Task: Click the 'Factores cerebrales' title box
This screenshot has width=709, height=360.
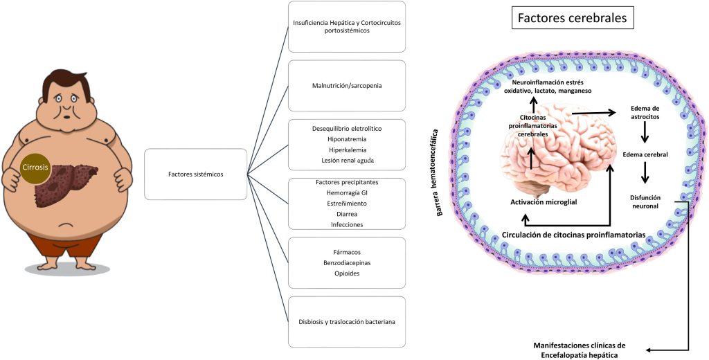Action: pyautogui.click(x=572, y=19)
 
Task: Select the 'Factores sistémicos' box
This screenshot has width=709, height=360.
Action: pyautogui.click(x=195, y=174)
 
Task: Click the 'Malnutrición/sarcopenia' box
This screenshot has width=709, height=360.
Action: pyautogui.click(x=346, y=86)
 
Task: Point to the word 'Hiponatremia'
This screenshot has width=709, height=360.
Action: pyautogui.click(x=346, y=139)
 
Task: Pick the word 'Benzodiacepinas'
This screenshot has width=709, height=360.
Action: pyautogui.click(x=346, y=263)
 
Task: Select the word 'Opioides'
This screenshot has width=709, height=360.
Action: pyautogui.click(x=346, y=273)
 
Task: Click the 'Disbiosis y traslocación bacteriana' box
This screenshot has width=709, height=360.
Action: pyautogui.click(x=346, y=321)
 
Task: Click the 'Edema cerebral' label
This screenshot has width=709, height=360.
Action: pyautogui.click(x=645, y=154)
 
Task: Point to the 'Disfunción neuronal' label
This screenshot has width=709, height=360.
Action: pyautogui.click(x=645, y=201)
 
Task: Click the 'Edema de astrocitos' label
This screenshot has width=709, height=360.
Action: pyautogui.click(x=645, y=114)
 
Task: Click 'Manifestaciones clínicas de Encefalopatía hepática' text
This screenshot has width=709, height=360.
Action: pyautogui.click(x=580, y=349)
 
